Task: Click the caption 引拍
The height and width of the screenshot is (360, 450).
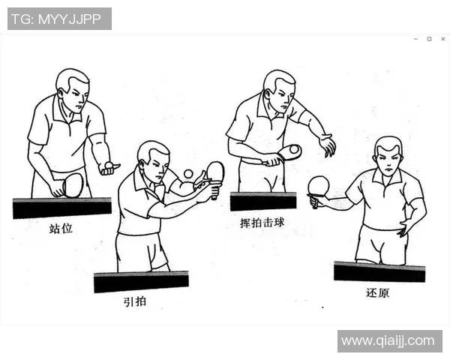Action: pyautogui.click(x=136, y=302)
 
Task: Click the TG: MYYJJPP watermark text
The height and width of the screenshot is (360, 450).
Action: pyautogui.click(x=59, y=19)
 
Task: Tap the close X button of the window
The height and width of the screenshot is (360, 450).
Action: pyautogui.click(x=442, y=38)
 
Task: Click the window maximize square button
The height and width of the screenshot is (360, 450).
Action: pyautogui.click(x=429, y=38)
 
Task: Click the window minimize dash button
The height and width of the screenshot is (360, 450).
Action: pyautogui.click(x=415, y=38)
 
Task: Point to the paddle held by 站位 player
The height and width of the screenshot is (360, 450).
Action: pyautogui.click(x=72, y=184)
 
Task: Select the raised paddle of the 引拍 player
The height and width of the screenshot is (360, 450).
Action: pyautogui.click(x=215, y=172)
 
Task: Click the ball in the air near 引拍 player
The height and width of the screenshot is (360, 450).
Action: pyautogui.click(x=188, y=174)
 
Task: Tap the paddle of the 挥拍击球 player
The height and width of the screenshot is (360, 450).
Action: pyautogui.click(x=288, y=152)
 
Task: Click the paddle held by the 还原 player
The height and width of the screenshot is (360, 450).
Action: pyautogui.click(x=319, y=186)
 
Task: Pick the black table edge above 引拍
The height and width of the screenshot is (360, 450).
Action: pyautogui.click(x=141, y=281)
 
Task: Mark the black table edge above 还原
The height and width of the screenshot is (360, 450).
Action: pyautogui.click(x=379, y=271)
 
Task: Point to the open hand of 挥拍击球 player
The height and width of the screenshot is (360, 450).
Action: pyautogui.click(x=327, y=145)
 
